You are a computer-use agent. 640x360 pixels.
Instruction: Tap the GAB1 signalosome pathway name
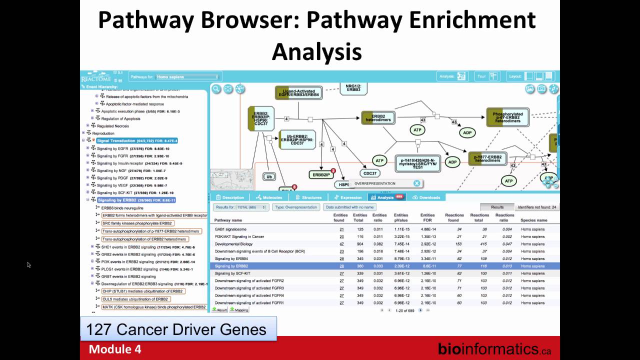pyautogui.click(x=230, y=229)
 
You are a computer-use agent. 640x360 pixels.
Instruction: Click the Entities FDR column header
pyautogui.click(x=427, y=217)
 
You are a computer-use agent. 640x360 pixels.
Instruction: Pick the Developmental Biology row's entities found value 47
pyautogui.click(x=341, y=244)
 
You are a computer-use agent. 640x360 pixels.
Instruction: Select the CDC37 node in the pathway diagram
pyautogui.click(x=370, y=173)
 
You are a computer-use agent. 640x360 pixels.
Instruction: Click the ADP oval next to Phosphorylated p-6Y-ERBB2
pyautogui.click(x=467, y=132)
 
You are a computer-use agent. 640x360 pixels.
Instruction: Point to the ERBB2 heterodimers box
pyautogui.click(x=378, y=117)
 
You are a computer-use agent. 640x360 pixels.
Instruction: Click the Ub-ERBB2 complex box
pyautogui.click(x=297, y=139)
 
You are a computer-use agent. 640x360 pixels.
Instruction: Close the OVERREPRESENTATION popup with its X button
pyautogui.click(x=417, y=183)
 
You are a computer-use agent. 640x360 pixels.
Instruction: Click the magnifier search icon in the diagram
pyautogui.click(x=216, y=89)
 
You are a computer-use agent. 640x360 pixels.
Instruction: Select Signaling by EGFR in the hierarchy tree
pyautogui.click(x=113, y=148)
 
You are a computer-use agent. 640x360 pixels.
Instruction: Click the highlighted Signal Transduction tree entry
pyautogui.click(x=136, y=141)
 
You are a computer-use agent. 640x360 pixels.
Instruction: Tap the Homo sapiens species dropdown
pyautogui.click(x=187, y=77)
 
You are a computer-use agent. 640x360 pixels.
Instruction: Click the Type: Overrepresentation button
pyautogui.click(x=296, y=207)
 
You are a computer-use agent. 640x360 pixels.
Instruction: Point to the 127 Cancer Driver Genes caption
pyautogui.click(x=176, y=330)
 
